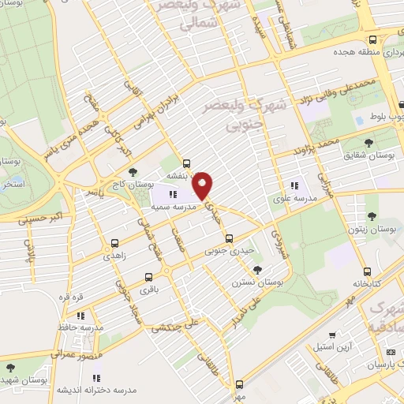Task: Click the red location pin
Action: (204, 185)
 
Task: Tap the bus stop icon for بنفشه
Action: (186, 166)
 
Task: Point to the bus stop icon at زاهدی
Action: (116, 244)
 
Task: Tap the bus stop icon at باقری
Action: (149, 277)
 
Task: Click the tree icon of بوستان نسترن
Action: (258, 270)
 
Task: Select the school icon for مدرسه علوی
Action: (296, 186)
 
